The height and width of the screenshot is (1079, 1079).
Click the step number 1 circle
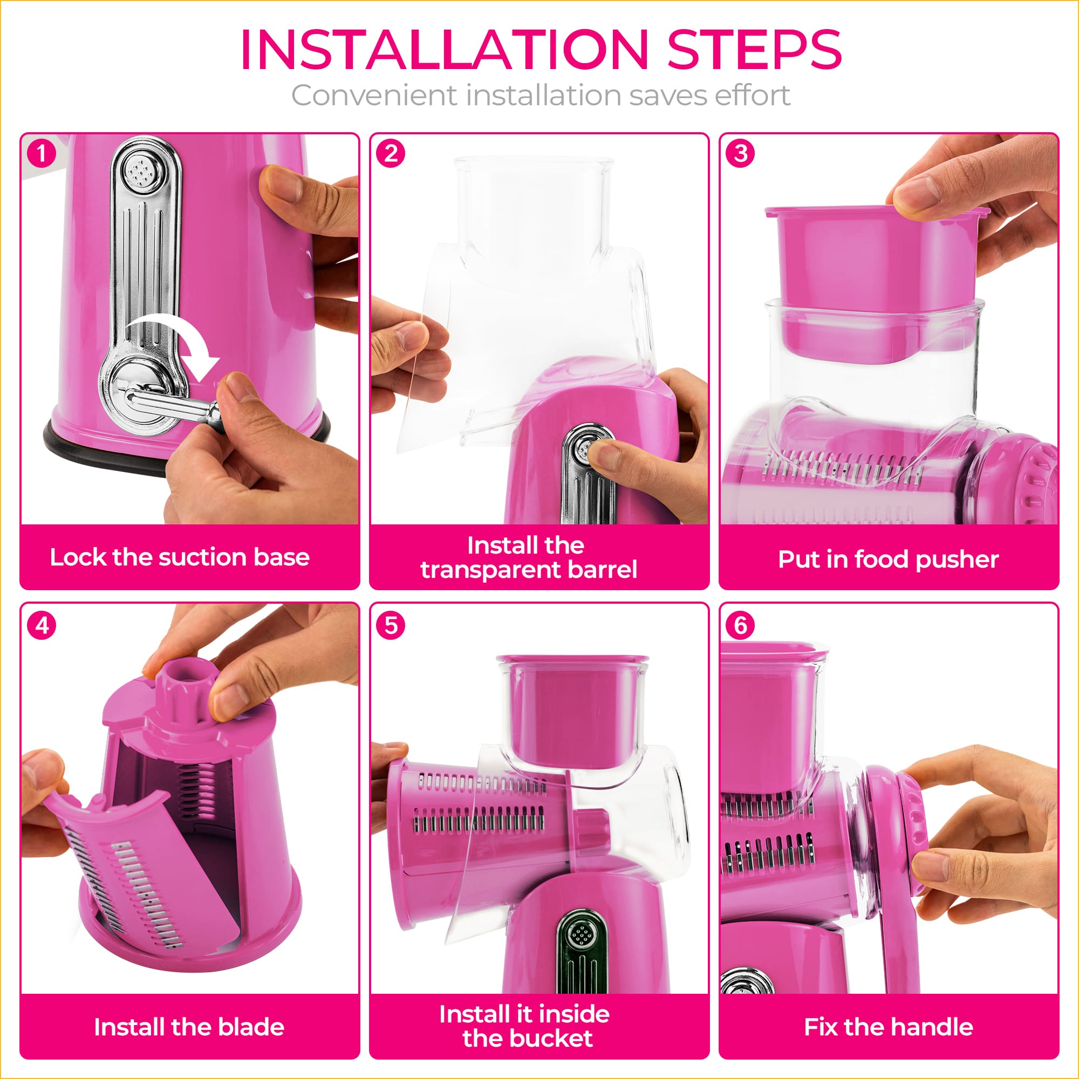coord(42,154)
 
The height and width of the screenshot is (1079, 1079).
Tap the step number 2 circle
coord(391,154)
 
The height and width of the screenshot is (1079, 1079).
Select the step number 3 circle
coord(741,154)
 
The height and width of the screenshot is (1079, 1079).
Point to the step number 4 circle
coord(42,625)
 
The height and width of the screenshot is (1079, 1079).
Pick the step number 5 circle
coord(391,625)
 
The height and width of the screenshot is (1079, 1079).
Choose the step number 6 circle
coord(741,625)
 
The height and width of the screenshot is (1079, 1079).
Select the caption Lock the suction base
coord(180,557)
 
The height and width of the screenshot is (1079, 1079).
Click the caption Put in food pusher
coord(888,559)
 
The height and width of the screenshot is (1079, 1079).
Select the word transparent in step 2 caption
coord(491,570)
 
